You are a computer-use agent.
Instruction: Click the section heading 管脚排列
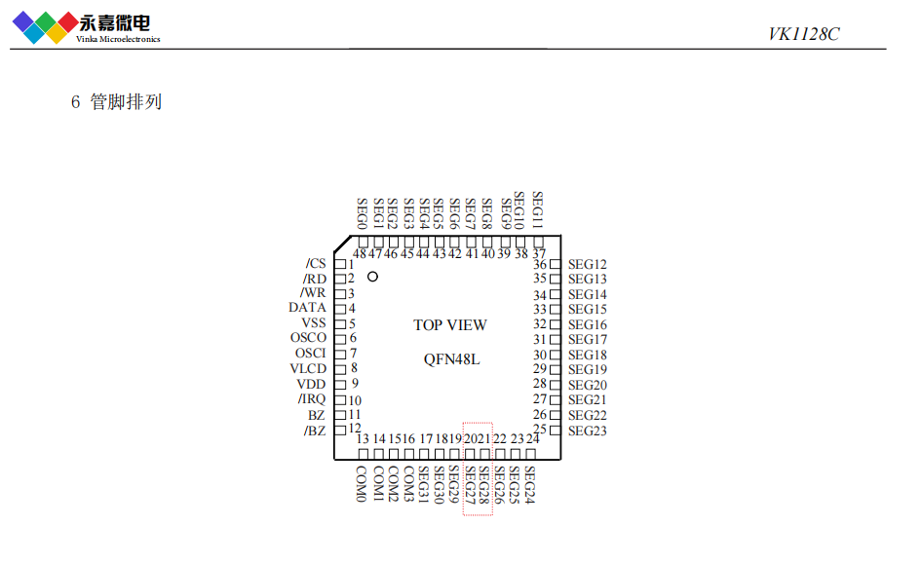click(126, 102)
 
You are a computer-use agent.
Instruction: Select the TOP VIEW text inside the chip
click(449, 325)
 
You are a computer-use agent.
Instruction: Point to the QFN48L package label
click(451, 358)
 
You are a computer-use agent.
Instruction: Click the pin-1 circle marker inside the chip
click(372, 278)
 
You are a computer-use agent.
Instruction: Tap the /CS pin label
click(316, 264)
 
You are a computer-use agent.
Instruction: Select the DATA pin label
click(307, 308)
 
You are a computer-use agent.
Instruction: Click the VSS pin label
click(314, 323)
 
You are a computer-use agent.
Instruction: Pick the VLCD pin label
click(308, 369)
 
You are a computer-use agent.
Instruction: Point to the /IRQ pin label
click(312, 399)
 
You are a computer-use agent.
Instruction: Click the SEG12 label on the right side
click(588, 264)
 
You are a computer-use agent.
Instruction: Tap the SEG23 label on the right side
click(588, 431)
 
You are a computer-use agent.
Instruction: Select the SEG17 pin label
click(588, 340)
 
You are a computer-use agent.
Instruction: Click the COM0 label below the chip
click(361, 484)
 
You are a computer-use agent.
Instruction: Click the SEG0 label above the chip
click(362, 213)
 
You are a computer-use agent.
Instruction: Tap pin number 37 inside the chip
click(538, 253)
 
